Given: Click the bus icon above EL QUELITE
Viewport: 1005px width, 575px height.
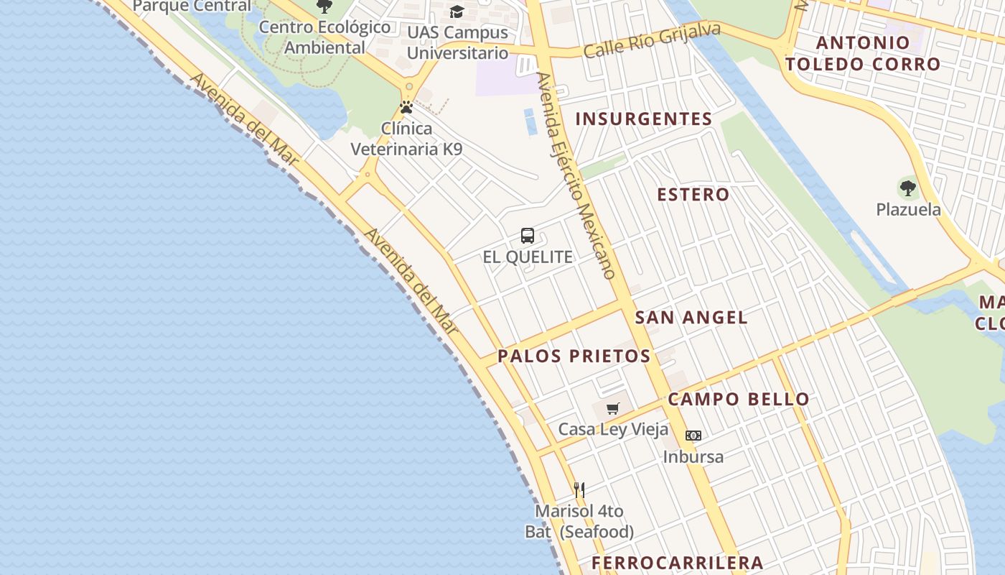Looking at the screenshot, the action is (x=528, y=236).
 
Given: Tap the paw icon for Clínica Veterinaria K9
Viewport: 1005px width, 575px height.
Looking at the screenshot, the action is (x=406, y=108).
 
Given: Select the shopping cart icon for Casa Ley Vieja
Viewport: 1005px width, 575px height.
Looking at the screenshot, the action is (x=612, y=409).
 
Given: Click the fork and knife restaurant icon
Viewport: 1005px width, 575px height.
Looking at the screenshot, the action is (x=579, y=490).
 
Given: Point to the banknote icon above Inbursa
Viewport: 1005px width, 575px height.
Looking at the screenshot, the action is (x=693, y=436).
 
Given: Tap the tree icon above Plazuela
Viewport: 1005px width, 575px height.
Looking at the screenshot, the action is (x=908, y=189).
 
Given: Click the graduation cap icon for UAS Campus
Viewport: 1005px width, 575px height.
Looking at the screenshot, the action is (x=457, y=11).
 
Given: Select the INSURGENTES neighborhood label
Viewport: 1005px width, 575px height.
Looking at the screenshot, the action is (x=644, y=119).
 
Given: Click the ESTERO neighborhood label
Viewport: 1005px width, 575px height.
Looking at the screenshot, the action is (x=693, y=195).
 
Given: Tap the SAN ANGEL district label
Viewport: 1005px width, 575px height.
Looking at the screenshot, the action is (x=691, y=317).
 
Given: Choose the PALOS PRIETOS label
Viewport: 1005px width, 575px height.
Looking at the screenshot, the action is (x=574, y=356).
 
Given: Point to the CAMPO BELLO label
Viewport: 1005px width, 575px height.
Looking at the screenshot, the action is (x=739, y=400).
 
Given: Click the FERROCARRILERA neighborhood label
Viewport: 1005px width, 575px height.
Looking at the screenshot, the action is (x=677, y=563).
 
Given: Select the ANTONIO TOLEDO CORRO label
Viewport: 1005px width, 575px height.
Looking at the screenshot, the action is (x=862, y=53).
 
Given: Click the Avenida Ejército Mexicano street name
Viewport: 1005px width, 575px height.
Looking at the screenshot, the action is (x=576, y=175).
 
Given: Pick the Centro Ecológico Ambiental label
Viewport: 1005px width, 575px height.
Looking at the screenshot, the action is (x=325, y=37).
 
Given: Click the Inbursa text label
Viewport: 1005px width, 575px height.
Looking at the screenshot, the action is (x=693, y=457).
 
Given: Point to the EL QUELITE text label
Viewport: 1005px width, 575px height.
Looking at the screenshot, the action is (x=528, y=257).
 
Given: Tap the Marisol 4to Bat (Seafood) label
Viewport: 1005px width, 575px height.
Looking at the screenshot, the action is (x=579, y=522).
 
